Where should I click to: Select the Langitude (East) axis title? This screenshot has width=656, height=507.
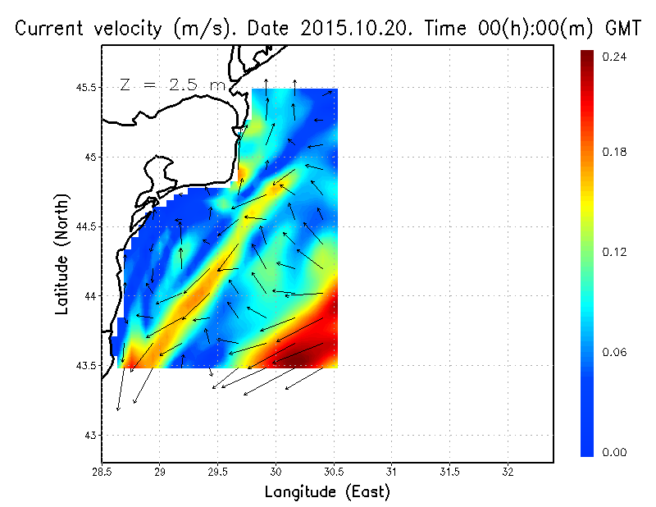coord(327,492)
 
